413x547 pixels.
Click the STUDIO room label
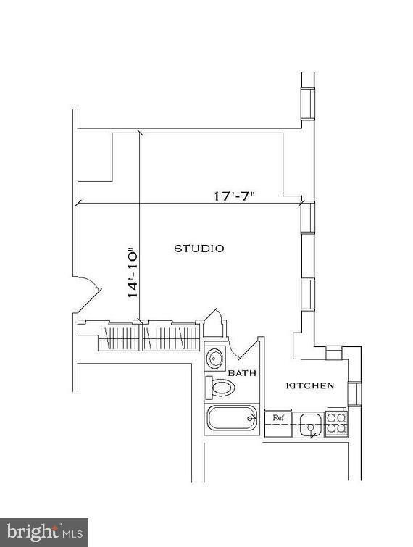(x=199, y=249)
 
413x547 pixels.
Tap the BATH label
(x=242, y=373)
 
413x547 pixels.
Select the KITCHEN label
(x=309, y=385)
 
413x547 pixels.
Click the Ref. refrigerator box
(x=278, y=418)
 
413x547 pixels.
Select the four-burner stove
(x=335, y=422)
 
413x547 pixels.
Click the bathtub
(x=232, y=419)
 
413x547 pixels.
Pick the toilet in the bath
(x=220, y=388)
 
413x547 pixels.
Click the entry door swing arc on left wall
(x=85, y=296)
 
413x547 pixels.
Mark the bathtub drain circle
(x=250, y=418)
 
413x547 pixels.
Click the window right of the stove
(x=354, y=393)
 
